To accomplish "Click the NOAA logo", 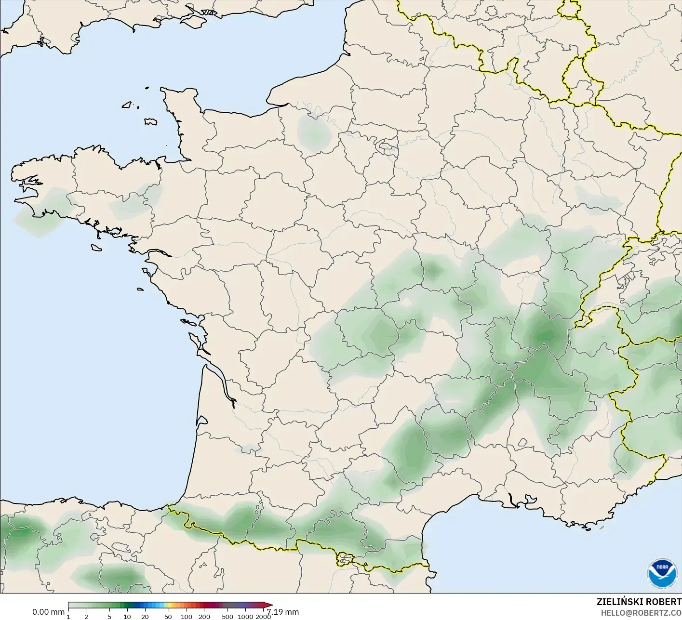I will coord(662,573).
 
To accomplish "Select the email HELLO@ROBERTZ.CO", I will coord(641,613).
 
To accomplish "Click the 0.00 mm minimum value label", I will coord(48,612).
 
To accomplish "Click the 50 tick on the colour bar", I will coord(168,617).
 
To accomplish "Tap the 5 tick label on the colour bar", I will coord(109,617).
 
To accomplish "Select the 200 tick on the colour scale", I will coord(204,617).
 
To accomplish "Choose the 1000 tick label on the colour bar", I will coord(245,617).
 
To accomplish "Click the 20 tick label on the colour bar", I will coord(145,617).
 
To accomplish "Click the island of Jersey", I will coord(150,121).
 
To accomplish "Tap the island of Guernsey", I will coord(127,104).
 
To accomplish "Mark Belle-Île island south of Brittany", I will coord(97,247).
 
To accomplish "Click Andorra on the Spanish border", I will coord(346,559).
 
